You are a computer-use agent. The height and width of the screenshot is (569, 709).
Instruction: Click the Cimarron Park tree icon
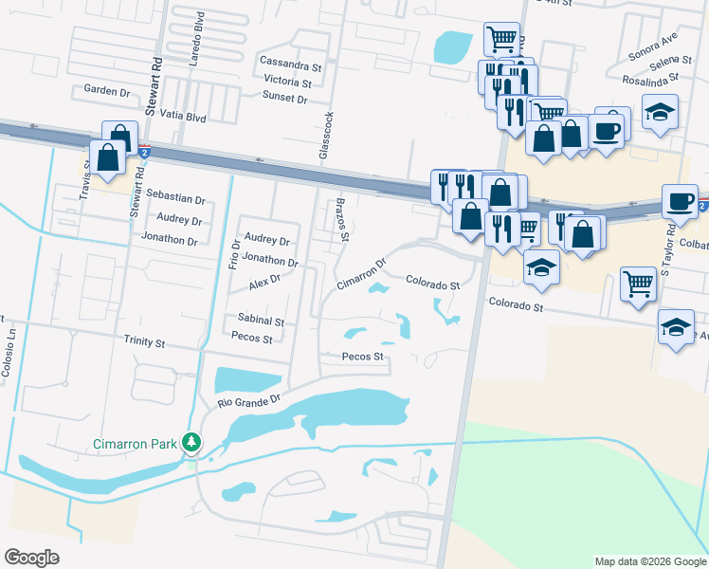click(x=192, y=442)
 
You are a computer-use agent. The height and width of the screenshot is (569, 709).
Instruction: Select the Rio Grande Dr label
click(x=251, y=401)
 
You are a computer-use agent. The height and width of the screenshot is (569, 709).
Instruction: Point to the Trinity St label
click(x=144, y=340)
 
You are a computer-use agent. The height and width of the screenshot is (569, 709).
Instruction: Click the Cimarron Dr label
click(x=362, y=275)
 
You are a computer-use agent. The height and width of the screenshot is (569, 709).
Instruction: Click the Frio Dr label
click(x=234, y=252)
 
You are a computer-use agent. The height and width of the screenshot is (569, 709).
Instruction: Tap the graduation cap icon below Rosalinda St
click(x=660, y=111)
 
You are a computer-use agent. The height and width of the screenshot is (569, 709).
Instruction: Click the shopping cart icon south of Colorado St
click(x=638, y=282)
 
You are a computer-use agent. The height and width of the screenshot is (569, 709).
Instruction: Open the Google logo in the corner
click(x=31, y=558)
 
